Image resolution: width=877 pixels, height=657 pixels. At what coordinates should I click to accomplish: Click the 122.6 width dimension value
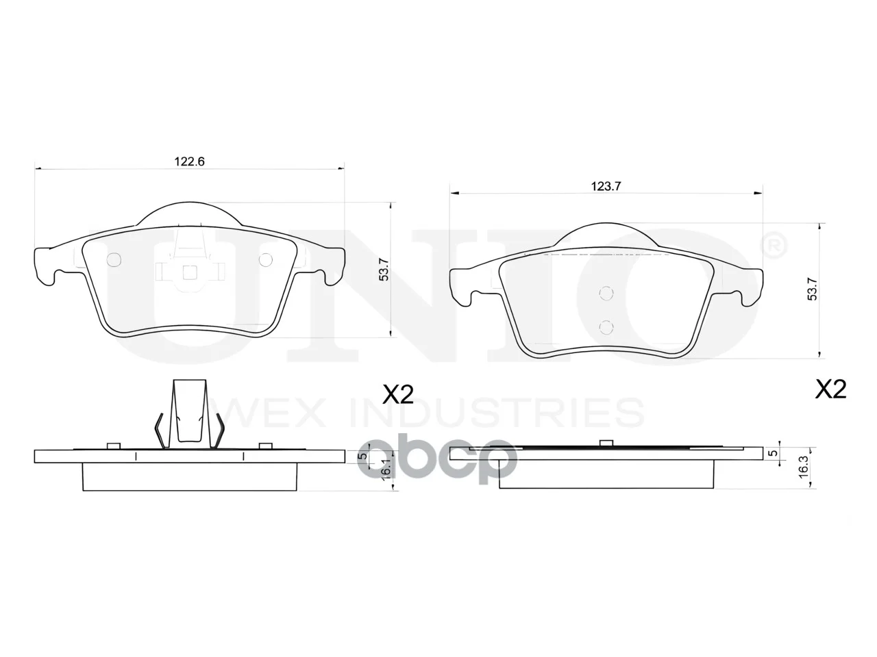(x=189, y=161)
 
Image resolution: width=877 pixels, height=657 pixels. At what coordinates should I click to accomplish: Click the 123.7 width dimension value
(x=606, y=186)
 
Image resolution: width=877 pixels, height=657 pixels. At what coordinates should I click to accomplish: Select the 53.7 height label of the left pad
(x=384, y=270)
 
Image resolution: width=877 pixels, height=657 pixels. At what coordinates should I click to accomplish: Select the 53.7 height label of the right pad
(x=812, y=289)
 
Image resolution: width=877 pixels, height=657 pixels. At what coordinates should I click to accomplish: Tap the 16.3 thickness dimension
(x=803, y=466)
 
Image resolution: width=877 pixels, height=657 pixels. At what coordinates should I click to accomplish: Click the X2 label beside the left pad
(x=397, y=395)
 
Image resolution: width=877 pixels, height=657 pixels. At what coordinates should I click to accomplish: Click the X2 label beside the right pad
(x=831, y=389)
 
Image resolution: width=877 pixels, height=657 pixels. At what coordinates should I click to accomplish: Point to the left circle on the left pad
(x=114, y=259)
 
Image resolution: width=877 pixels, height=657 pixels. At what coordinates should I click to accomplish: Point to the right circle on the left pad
(x=265, y=259)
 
